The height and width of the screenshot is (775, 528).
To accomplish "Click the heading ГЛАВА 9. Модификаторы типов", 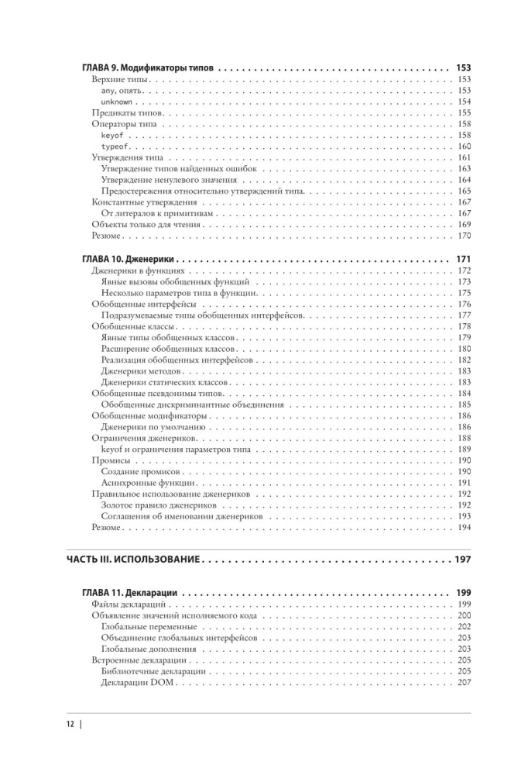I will (148, 68).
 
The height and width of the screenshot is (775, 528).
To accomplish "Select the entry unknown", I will (117, 102).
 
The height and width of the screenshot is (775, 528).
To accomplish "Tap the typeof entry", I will (115, 146).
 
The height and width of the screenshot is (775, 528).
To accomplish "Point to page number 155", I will (464, 113).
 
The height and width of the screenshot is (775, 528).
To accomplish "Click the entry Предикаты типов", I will (126, 113).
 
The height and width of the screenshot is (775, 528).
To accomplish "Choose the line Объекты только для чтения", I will (146, 225).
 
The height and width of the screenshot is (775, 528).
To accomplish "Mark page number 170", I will (464, 236).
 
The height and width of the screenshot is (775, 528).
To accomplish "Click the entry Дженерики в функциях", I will (139, 270).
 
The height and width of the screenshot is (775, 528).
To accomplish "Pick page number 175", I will (464, 293).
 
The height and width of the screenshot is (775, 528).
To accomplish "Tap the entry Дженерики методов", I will (141, 371).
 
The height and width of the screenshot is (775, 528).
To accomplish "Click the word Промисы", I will (110, 460).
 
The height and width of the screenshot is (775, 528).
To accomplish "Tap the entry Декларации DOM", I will (138, 683).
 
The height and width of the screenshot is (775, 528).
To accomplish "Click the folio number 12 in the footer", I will (69, 725).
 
